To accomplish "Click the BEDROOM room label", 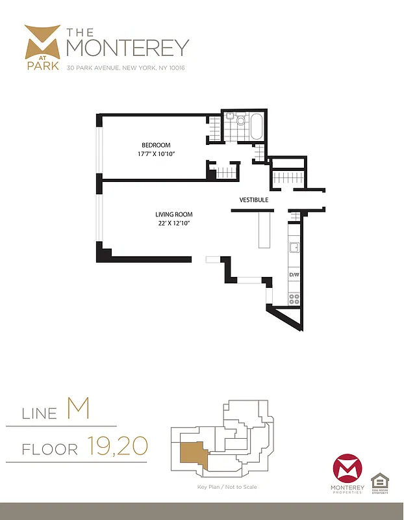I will click(156, 144).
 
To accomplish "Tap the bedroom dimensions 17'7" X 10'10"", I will click(156, 153).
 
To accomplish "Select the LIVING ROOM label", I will click(173, 214).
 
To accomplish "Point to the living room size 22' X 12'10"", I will click(173, 223).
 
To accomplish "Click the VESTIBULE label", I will click(253, 200).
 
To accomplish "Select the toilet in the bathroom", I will click(240, 120).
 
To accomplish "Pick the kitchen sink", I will click(294, 247).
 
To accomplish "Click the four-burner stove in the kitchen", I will click(294, 299).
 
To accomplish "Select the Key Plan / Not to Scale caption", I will click(227, 486).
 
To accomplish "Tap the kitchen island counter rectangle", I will click(264, 230).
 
